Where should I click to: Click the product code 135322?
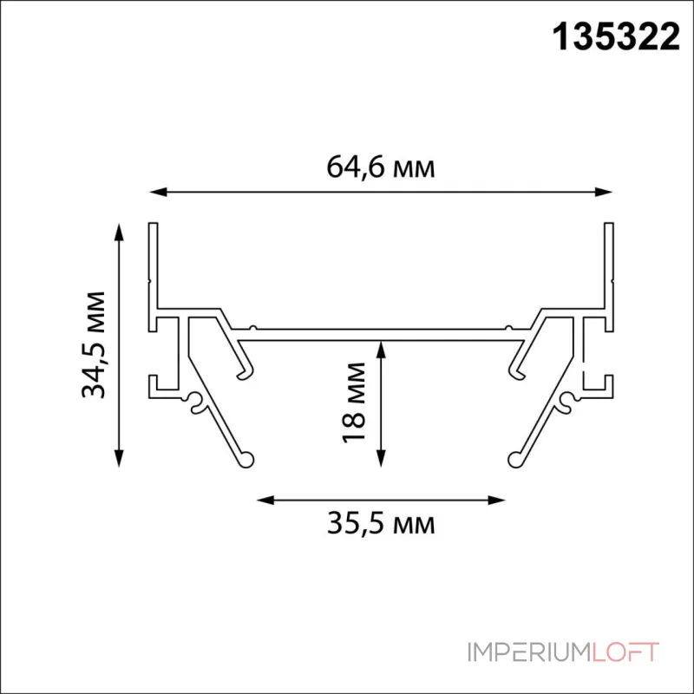616,37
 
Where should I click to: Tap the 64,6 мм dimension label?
381,167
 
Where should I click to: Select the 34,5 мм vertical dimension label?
94,345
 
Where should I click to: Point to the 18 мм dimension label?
354,402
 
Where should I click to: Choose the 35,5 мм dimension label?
381,523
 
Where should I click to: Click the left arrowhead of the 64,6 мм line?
158,192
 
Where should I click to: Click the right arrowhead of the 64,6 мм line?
604,192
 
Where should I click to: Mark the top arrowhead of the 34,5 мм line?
119,232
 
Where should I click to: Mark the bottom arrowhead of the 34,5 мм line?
119,458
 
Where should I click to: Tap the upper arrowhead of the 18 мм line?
381,350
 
